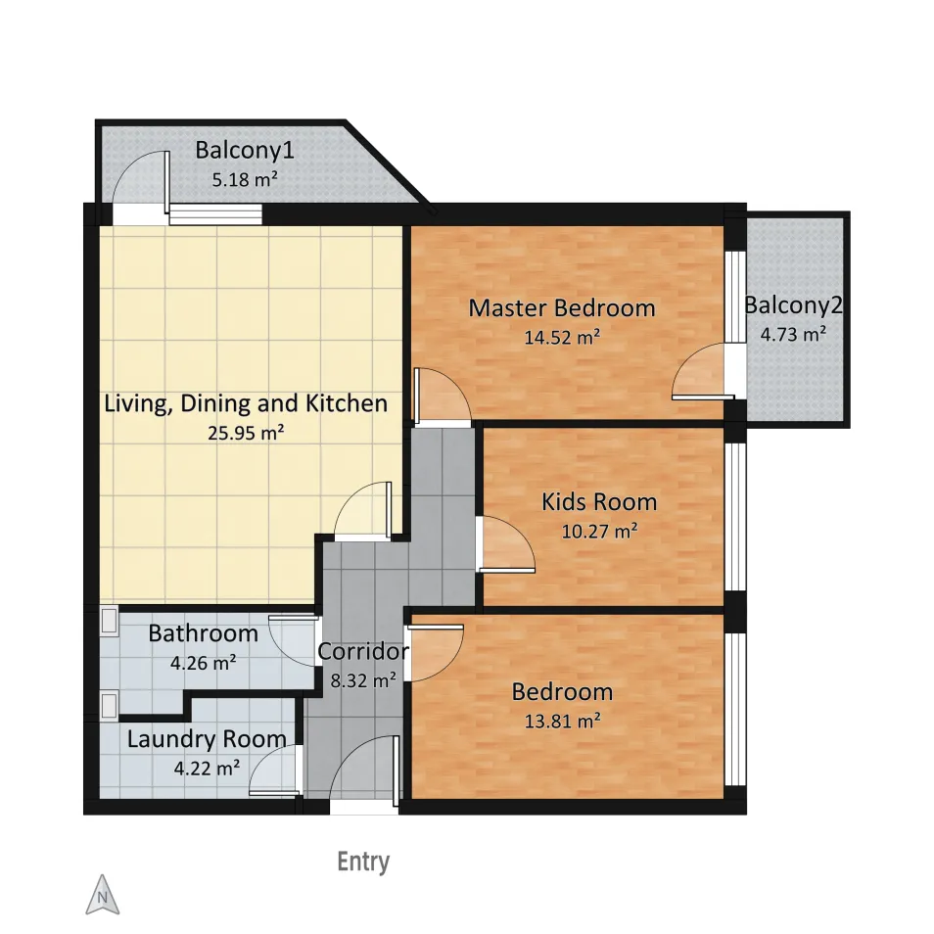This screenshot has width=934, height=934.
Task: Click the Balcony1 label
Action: (245, 150)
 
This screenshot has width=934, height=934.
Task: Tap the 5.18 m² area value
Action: (245, 179)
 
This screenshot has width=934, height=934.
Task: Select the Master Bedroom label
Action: (562, 308)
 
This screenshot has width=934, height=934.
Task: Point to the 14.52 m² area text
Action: (562, 337)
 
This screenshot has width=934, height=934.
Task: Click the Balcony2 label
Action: (793, 305)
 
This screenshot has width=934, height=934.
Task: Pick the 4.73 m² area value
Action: (793, 334)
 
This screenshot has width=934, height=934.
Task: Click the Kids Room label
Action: (599, 501)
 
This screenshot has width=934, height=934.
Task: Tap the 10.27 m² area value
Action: (599, 531)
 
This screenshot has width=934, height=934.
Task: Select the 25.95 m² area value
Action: (246, 433)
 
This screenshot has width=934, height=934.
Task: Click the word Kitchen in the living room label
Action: (347, 403)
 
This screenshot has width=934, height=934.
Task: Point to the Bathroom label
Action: (203, 633)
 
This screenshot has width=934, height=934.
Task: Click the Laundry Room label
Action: (207, 739)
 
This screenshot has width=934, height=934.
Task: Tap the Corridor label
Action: (363, 651)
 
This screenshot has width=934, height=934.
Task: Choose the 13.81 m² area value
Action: (562, 721)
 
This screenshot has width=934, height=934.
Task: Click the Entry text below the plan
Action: (363, 862)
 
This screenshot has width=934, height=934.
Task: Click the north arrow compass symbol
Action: (103, 895)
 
